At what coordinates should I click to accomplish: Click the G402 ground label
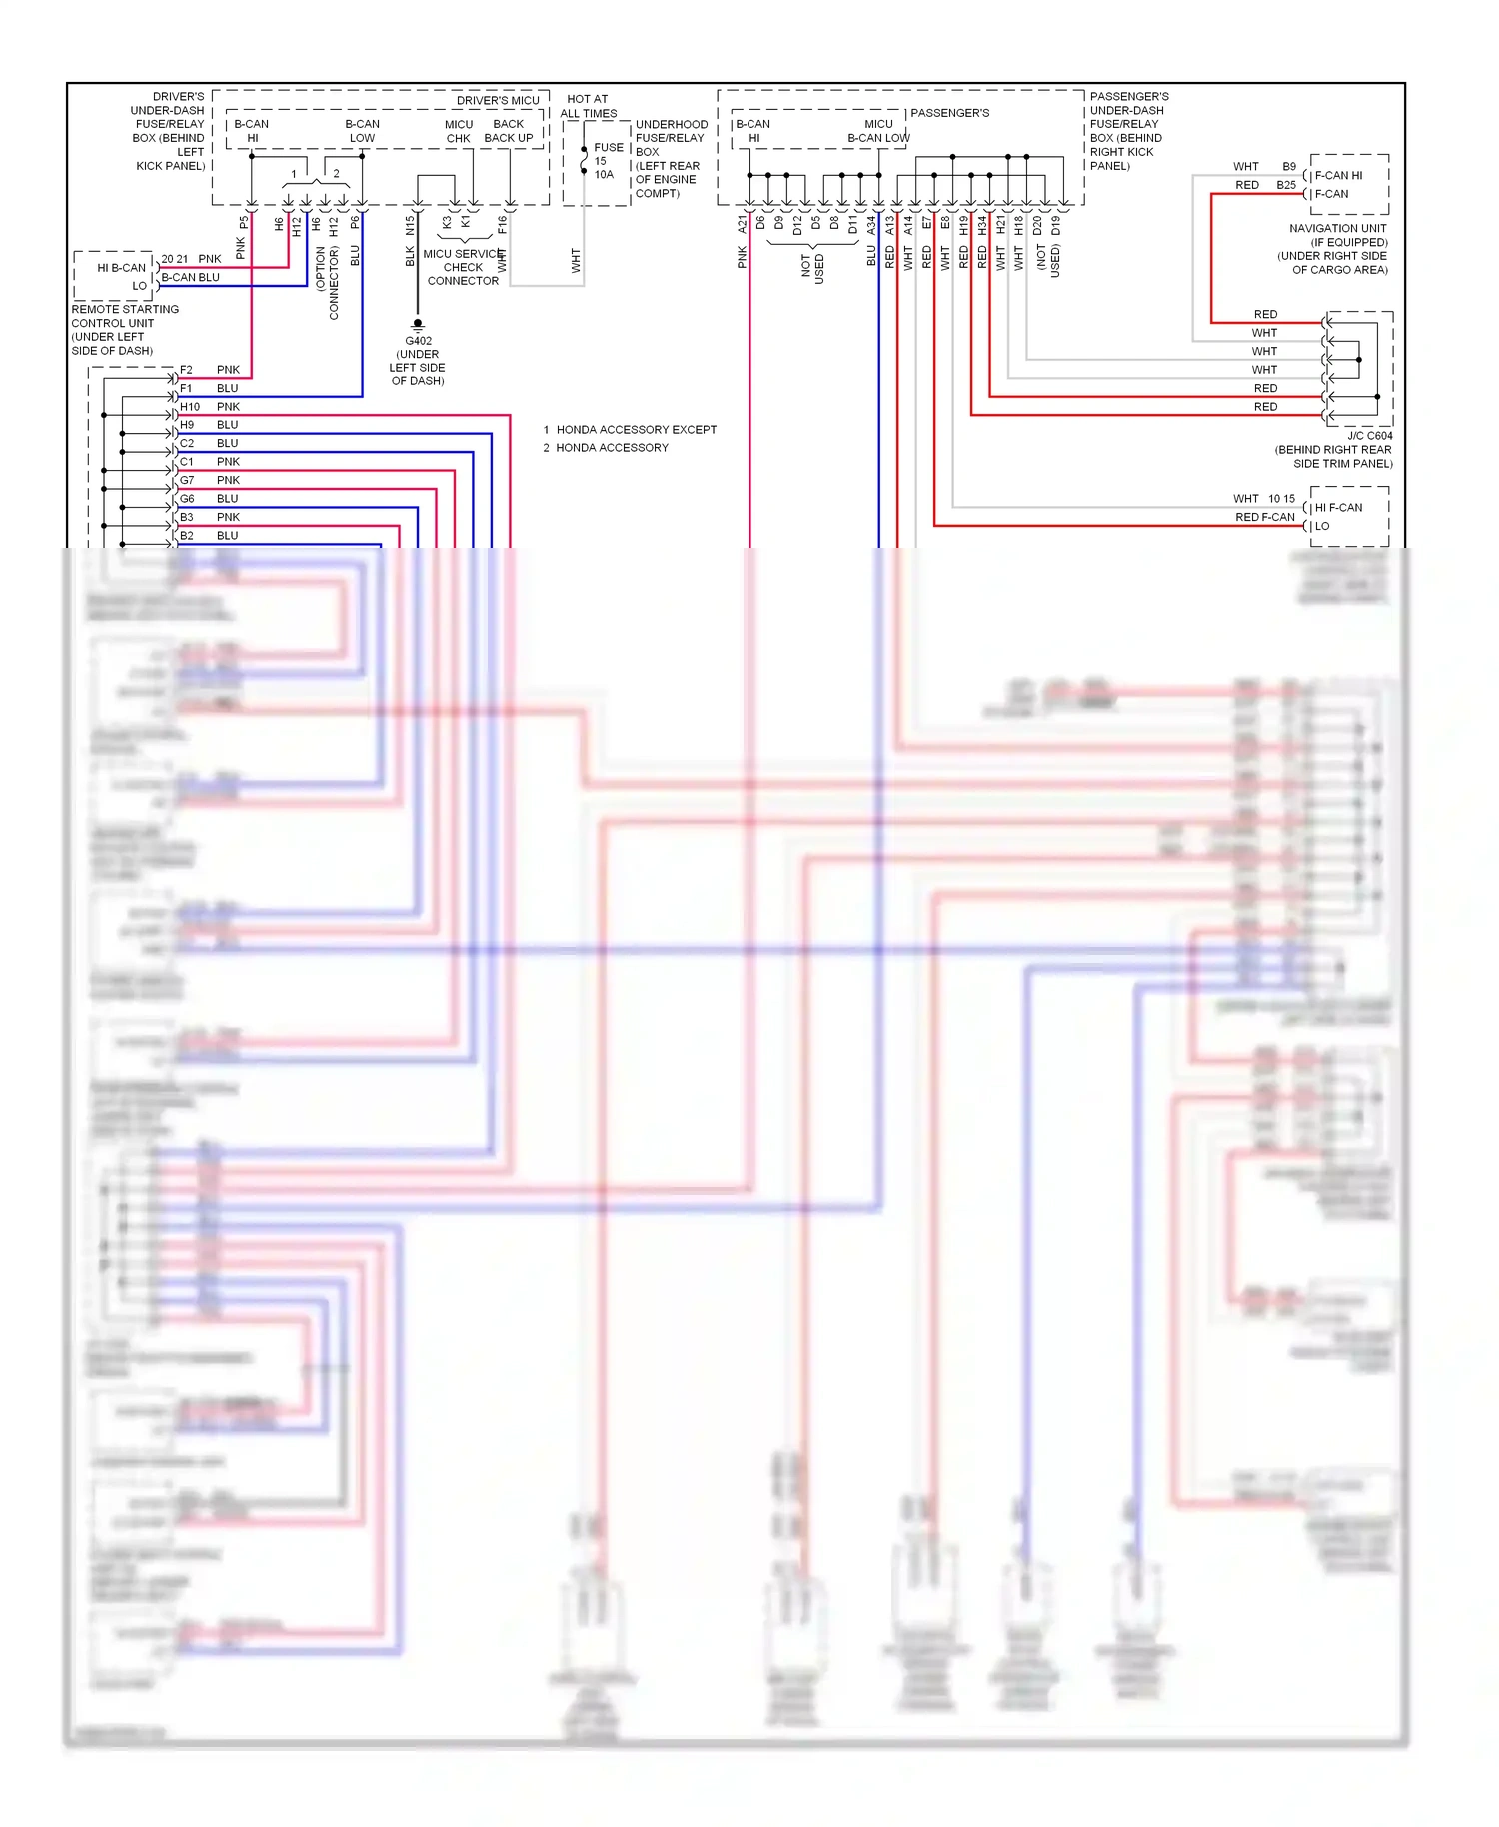click(x=418, y=341)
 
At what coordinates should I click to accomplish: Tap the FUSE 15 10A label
click(x=606, y=160)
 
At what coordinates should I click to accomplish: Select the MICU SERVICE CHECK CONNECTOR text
click(x=462, y=267)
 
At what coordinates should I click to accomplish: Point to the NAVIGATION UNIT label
click(x=1337, y=229)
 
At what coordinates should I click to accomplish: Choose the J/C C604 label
click(x=1369, y=436)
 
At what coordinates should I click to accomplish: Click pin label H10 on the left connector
click(x=189, y=407)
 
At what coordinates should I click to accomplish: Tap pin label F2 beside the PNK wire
click(x=186, y=370)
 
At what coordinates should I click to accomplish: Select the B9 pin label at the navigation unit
click(x=1289, y=167)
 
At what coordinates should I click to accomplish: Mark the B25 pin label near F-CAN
click(x=1285, y=185)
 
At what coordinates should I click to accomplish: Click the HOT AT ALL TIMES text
click(x=588, y=106)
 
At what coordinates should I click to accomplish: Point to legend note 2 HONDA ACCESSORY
click(x=606, y=448)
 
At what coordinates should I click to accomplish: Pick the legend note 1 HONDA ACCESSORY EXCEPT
click(x=630, y=430)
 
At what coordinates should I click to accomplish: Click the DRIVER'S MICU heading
click(x=498, y=101)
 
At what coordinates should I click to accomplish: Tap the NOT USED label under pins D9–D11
click(x=812, y=268)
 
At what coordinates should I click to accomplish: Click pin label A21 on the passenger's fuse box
click(x=743, y=225)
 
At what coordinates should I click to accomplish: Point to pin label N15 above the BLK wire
click(x=410, y=226)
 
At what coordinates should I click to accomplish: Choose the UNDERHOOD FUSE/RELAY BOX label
click(x=671, y=138)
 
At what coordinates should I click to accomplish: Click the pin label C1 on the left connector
click(x=187, y=462)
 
